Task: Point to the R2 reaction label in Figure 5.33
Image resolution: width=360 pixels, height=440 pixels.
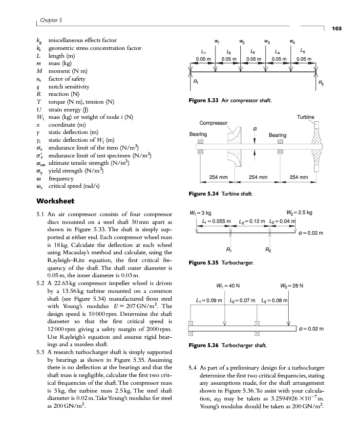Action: click(321, 84)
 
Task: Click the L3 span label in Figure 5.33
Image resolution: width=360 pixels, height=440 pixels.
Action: click(253, 51)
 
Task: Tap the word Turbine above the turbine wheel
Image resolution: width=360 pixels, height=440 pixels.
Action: click(305, 117)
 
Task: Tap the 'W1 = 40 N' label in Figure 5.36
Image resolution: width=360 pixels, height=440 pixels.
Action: click(226, 286)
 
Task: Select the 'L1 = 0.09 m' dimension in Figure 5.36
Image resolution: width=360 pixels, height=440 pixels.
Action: click(209, 299)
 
